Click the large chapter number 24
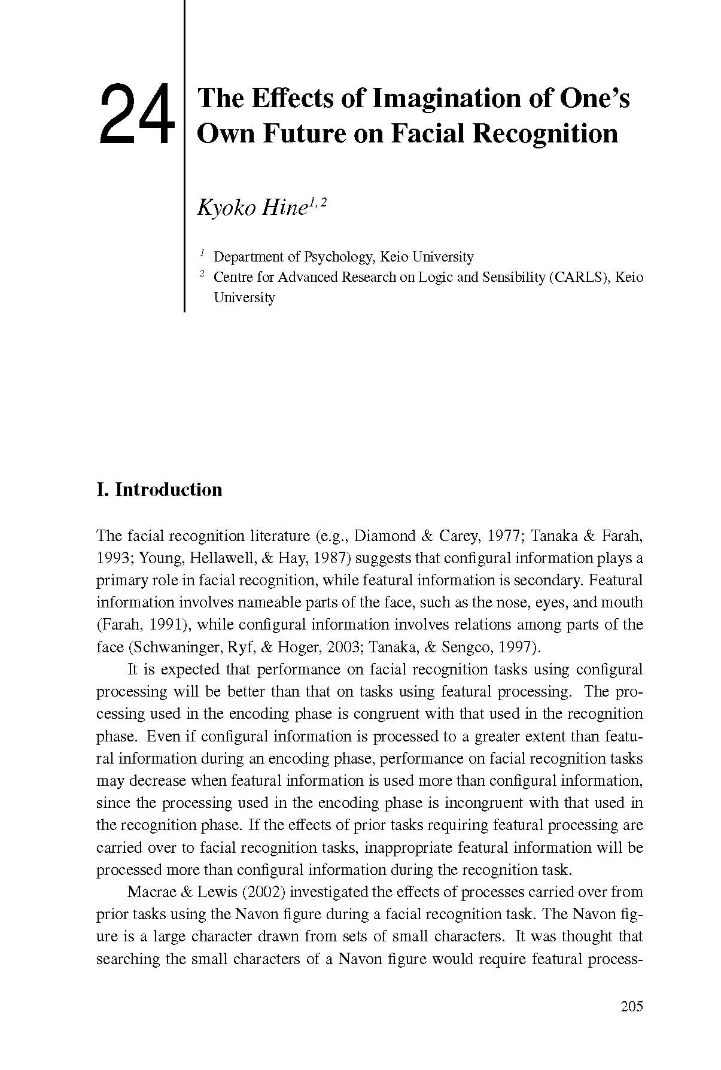pyautogui.click(x=137, y=114)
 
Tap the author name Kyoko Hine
pyautogui.click(x=251, y=208)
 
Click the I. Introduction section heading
pyautogui.click(x=159, y=490)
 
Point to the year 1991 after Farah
pyautogui.click(x=167, y=625)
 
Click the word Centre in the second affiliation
pyautogui.click(x=233, y=277)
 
